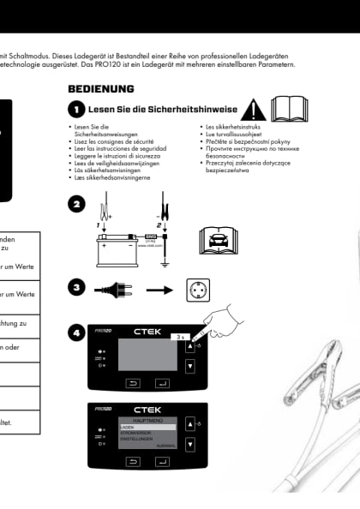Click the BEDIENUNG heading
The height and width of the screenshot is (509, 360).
click(x=100, y=89)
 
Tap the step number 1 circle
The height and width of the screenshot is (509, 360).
click(x=76, y=111)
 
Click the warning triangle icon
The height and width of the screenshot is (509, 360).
click(x=253, y=111)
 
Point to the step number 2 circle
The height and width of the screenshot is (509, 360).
click(x=76, y=204)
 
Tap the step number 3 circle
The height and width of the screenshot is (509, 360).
click(x=76, y=288)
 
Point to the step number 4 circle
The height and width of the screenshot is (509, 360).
click(x=76, y=332)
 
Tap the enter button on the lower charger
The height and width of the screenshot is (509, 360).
click(x=161, y=460)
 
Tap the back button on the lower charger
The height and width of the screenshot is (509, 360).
click(x=134, y=460)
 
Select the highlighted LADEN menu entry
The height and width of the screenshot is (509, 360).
click(x=147, y=427)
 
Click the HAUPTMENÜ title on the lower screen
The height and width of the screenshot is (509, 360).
click(x=147, y=419)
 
